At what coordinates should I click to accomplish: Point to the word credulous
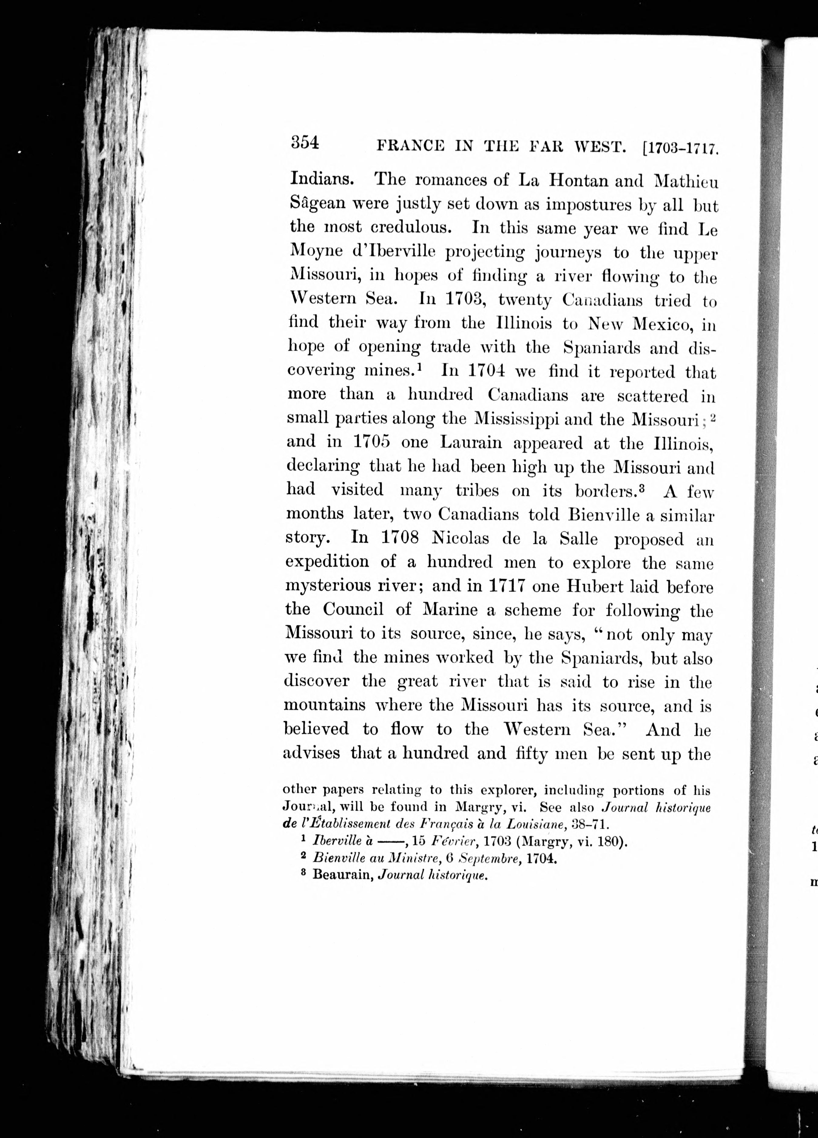pyautogui.click(x=411, y=227)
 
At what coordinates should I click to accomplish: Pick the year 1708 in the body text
pyautogui.click(x=400, y=537)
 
